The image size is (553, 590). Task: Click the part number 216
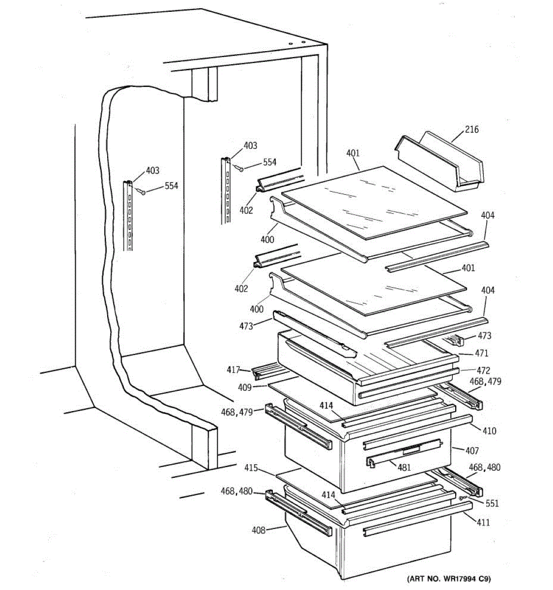[471, 129]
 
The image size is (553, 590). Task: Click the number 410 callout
[489, 431]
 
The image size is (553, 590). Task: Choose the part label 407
[472, 450]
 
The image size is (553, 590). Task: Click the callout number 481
[404, 467]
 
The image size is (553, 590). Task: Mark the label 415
[251, 468]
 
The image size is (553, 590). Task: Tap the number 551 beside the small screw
[492, 503]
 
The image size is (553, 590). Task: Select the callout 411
[483, 522]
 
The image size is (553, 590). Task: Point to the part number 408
[258, 530]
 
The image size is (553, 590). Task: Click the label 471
[481, 353]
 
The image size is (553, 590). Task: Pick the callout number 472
[483, 370]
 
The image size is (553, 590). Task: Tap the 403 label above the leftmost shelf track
[152, 171]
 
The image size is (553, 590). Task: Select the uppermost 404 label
[488, 215]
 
